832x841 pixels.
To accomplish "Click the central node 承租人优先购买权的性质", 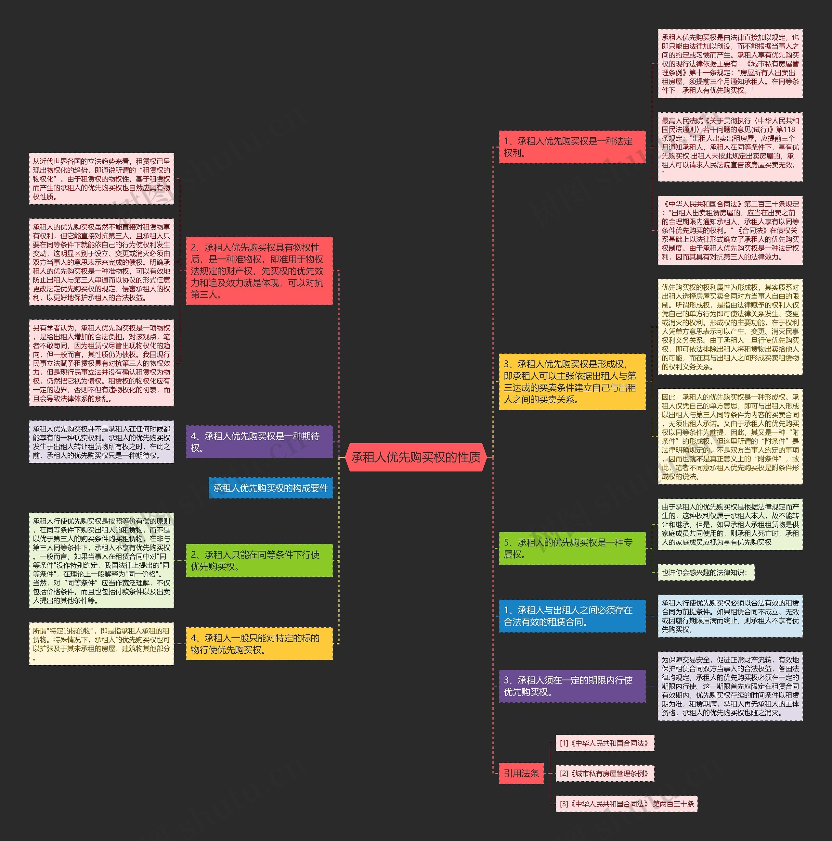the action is (x=416, y=457).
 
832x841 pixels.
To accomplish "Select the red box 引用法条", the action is (x=521, y=773).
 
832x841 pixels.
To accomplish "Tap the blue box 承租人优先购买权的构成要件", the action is (x=270, y=488).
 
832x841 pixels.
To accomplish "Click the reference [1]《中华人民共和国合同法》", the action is (x=604, y=743).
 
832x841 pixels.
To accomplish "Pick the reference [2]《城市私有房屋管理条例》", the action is (x=604, y=773).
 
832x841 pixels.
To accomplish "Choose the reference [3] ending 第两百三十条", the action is (x=626, y=804).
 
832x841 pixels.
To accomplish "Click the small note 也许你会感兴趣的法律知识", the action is (x=705, y=572).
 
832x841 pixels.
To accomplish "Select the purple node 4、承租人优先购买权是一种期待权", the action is (x=259, y=442).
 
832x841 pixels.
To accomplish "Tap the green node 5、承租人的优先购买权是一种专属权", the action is (x=572, y=548).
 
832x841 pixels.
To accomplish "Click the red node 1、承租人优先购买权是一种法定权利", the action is (x=572, y=147).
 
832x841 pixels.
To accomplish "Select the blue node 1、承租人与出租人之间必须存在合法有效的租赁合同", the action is (x=572, y=616).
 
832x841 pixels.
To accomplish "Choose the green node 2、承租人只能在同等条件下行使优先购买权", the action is (x=259, y=560).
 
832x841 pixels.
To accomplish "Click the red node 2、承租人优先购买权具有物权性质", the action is (x=259, y=271).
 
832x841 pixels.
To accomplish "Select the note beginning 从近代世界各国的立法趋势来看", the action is (x=101, y=179).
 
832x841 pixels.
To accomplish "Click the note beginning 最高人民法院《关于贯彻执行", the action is (x=730, y=147).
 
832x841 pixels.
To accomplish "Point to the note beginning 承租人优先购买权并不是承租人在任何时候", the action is (x=101, y=442).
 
